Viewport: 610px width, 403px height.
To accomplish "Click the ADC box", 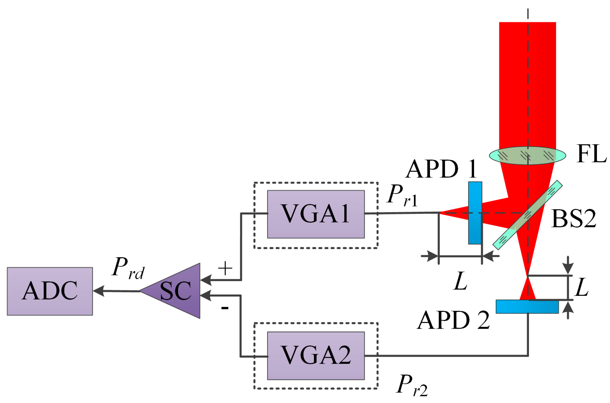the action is coord(50,291).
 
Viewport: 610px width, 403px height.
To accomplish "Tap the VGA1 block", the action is coord(316,214).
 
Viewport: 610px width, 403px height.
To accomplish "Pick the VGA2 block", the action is coord(316,356).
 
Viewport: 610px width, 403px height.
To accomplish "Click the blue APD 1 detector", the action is coord(475,213).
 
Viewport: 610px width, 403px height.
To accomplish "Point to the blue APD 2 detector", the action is coord(527,307).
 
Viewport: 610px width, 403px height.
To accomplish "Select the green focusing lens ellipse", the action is coord(528,156).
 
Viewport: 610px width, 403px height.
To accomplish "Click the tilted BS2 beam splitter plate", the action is coord(528,215).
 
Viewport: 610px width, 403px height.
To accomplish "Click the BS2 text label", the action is coord(574,218).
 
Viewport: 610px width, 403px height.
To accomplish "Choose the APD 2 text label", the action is coord(453,320).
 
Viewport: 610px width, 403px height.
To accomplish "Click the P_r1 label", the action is coord(403,195).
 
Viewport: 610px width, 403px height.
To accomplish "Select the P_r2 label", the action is coord(412,385).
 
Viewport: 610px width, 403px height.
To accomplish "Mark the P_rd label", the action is coord(128,268).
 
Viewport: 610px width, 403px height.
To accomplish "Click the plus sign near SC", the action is coord(225,268).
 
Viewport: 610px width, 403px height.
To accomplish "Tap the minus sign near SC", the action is coord(225,308).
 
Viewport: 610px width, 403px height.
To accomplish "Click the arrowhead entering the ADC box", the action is coord(98,291).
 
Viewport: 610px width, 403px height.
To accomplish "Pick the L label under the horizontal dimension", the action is coord(460,281).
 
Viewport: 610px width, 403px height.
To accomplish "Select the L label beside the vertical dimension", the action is coord(582,287).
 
